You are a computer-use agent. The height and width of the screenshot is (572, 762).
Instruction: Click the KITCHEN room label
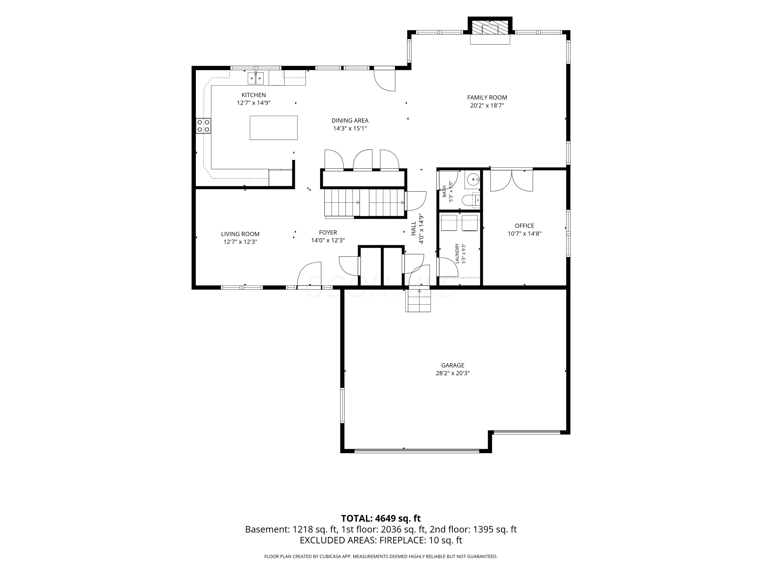point(253,95)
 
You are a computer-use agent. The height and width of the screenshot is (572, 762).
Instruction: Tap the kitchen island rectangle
point(274,128)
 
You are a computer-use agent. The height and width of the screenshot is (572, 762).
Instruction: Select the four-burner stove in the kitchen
point(203,126)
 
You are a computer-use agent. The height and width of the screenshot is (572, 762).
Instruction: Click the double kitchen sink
point(256,78)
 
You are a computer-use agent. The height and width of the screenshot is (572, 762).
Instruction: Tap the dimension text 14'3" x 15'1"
point(350,129)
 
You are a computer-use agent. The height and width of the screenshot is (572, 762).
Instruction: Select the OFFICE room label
point(524,226)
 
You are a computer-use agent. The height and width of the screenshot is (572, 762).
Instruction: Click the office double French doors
point(512,180)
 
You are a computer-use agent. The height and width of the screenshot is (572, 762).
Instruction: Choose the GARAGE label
point(453,366)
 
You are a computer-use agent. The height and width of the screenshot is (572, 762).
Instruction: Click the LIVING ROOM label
point(240,234)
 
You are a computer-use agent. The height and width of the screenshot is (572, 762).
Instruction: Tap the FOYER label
point(328,233)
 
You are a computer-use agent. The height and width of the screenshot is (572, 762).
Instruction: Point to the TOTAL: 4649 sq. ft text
point(381,519)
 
